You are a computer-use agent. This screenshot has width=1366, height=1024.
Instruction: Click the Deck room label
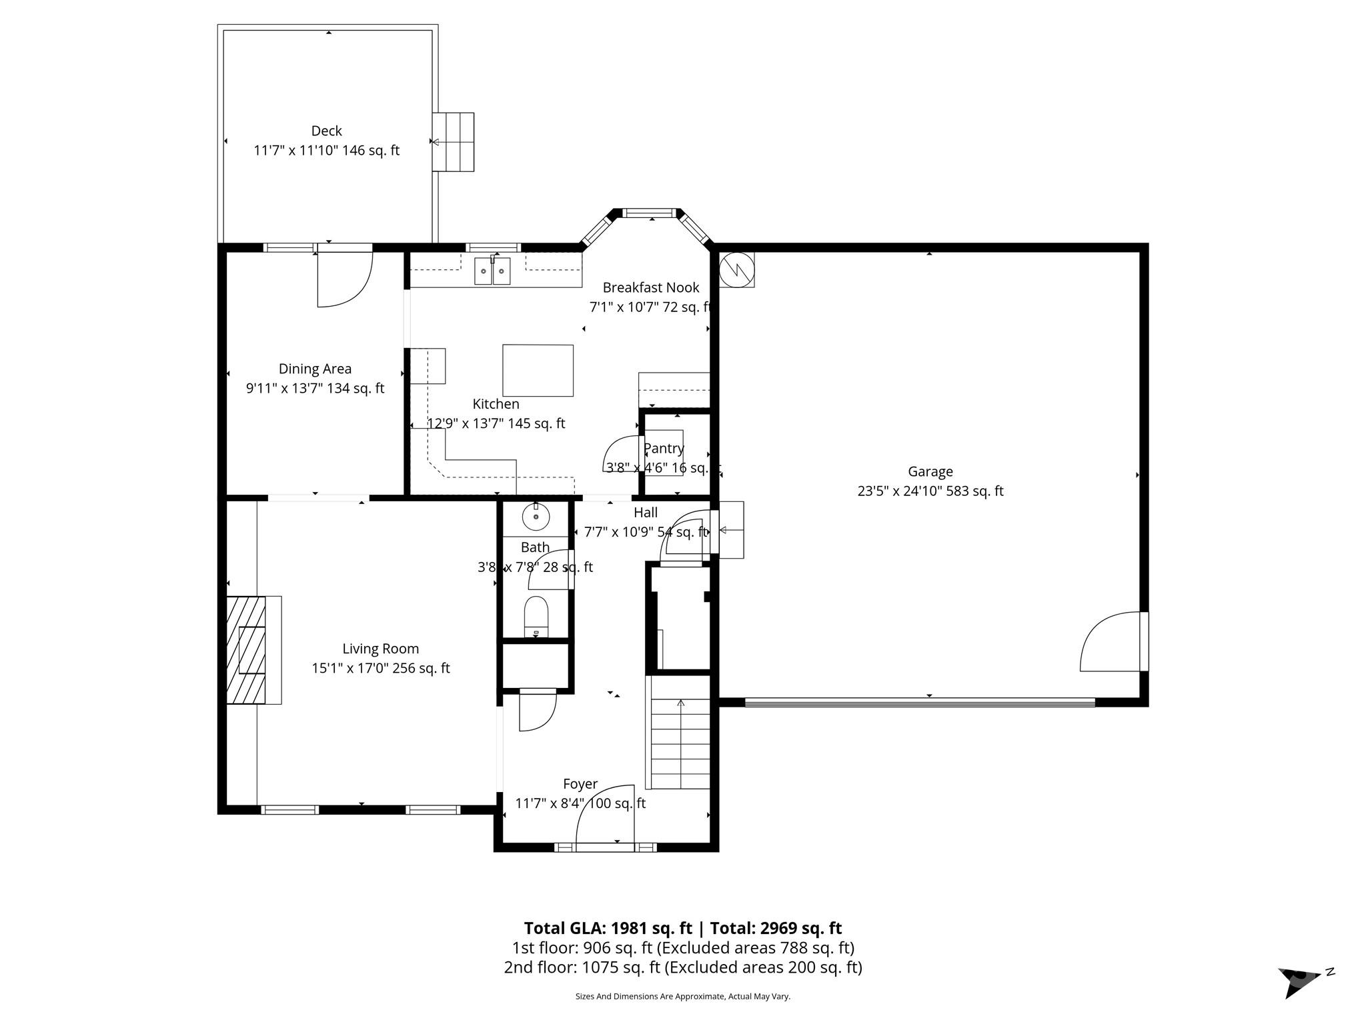pos(326,131)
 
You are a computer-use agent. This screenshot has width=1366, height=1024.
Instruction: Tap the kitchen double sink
pos(492,271)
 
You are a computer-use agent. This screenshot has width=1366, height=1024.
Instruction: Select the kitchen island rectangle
pos(538,370)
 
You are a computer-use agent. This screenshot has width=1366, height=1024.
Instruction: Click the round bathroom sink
pos(536,516)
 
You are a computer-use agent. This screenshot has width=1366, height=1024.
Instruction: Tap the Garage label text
pos(930,472)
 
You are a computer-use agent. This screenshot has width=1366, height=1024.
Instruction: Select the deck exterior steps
pos(454,142)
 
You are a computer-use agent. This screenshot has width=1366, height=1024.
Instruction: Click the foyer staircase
pos(680,741)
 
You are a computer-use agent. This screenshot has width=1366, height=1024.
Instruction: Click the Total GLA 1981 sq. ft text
pos(610,928)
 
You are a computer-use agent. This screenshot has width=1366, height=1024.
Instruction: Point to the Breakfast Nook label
pos(650,287)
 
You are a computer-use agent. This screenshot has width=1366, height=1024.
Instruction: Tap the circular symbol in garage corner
pos(736,269)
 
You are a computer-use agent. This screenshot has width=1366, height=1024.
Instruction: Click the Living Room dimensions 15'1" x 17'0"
pos(380,668)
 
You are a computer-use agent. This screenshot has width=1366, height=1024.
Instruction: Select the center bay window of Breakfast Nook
pos(650,214)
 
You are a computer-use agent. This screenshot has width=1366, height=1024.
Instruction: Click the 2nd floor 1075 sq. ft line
pos(682,967)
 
